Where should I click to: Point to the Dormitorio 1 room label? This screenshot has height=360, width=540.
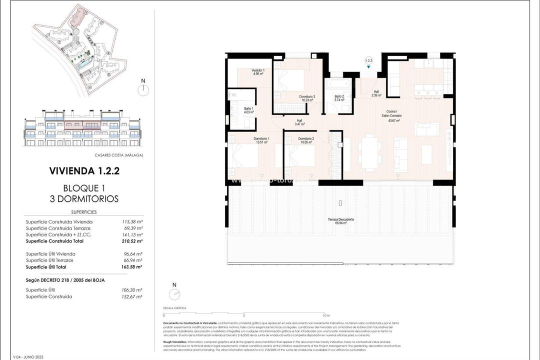click(x=261, y=140)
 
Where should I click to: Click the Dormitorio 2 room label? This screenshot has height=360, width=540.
click(x=306, y=140)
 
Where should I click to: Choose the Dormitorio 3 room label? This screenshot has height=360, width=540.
click(x=307, y=98)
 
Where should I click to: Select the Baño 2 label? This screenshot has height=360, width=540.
click(x=339, y=98)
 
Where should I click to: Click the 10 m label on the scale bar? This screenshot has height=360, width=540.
click(x=326, y=315)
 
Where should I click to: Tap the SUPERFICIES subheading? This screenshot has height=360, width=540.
click(x=84, y=212)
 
